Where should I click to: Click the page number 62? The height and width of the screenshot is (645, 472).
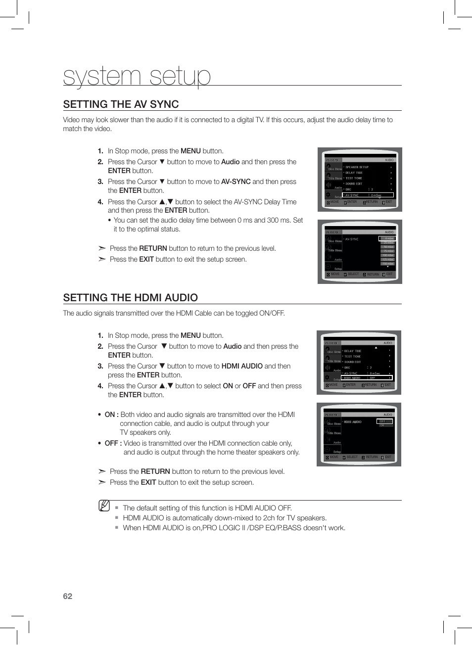(x=67, y=596)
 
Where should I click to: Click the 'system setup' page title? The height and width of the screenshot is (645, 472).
(x=137, y=76)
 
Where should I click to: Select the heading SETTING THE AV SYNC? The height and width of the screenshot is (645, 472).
(x=121, y=104)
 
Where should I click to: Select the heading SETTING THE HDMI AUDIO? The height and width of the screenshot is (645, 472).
(x=130, y=298)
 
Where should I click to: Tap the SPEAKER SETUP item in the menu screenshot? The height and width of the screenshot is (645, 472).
(x=357, y=167)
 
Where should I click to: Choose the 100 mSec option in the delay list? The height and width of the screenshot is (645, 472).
(x=388, y=255)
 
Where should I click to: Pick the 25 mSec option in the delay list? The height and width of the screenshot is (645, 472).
(x=388, y=243)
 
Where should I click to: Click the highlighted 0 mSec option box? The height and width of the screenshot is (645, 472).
(x=387, y=238)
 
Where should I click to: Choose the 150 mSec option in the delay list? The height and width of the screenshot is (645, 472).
(x=388, y=264)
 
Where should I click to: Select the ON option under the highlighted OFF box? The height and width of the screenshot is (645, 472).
(x=382, y=425)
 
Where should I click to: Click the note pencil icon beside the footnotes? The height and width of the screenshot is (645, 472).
(x=104, y=506)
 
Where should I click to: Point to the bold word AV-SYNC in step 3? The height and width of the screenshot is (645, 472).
(x=236, y=182)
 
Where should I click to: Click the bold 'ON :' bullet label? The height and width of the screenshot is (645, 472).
(x=111, y=415)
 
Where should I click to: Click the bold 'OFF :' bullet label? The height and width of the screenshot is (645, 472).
(x=113, y=443)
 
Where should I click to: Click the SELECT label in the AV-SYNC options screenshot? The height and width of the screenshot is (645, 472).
(x=353, y=274)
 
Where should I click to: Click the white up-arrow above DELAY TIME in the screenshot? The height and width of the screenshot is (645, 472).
(x=376, y=348)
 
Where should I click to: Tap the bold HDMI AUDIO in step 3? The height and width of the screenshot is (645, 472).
(x=242, y=366)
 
